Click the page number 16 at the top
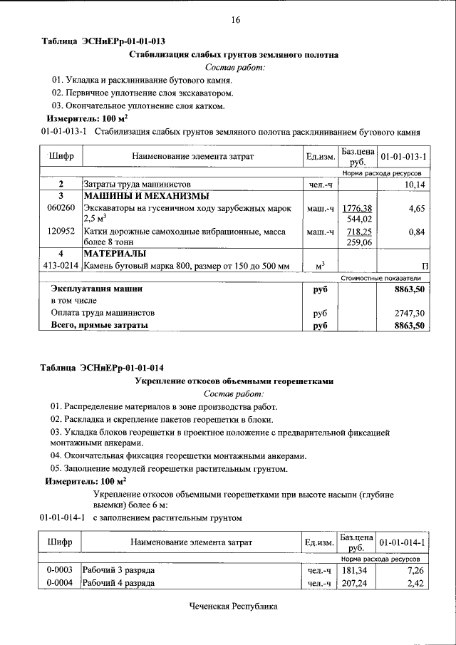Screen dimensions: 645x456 (235, 20)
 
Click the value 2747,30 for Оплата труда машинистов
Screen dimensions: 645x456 (410, 313)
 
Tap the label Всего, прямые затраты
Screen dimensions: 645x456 (99, 325)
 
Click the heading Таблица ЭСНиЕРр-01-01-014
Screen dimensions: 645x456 (103, 368)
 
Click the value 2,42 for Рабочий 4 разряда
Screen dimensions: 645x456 (415, 583)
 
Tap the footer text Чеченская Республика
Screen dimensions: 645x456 (232, 607)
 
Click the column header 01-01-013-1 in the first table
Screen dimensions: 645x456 (403, 156)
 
